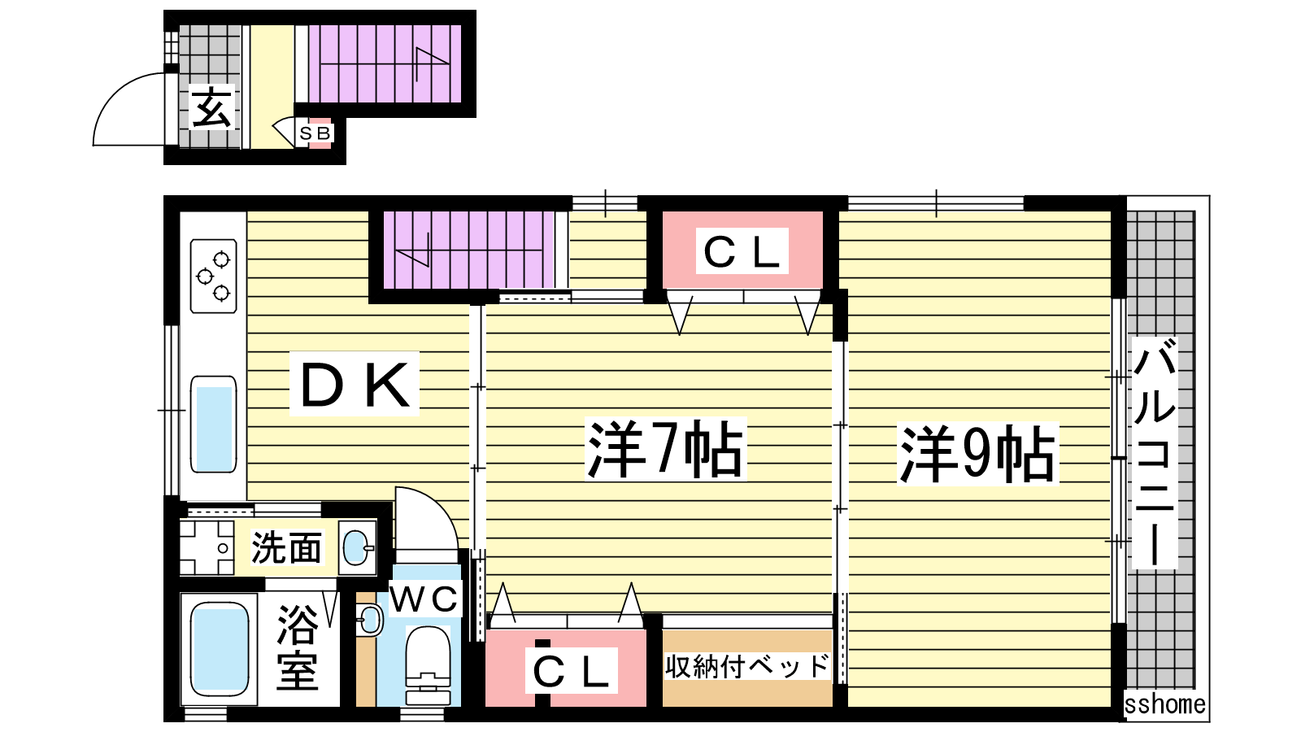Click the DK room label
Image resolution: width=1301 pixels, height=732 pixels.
[355, 383]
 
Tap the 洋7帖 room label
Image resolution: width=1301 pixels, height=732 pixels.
[666, 448]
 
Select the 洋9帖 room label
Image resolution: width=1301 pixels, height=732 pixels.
[977, 453]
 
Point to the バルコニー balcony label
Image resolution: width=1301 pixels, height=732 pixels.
[1155, 453]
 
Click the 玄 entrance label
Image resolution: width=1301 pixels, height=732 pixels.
[211, 107]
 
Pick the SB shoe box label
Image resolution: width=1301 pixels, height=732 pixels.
[315, 133]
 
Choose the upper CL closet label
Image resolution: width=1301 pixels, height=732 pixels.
[742, 252]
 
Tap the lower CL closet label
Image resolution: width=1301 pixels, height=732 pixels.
[571, 671]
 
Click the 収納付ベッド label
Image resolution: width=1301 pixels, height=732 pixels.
[747, 666]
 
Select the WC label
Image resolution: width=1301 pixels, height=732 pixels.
[424, 599]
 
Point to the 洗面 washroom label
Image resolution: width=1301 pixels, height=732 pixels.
[285, 547]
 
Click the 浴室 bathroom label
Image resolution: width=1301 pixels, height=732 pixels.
[298, 647]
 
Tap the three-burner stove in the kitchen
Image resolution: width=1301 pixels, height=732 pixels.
[214, 276]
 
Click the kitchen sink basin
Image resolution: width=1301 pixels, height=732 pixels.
[214, 425]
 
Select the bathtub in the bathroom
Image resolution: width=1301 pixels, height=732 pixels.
[219, 648]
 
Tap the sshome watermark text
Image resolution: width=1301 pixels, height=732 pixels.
[1164, 704]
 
